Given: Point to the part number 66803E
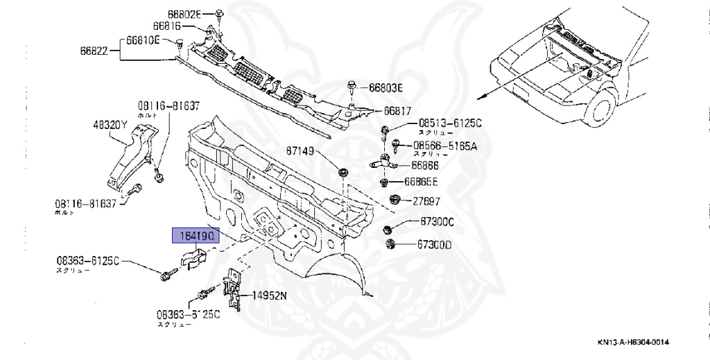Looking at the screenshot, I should pos(386,87).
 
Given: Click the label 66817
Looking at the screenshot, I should pos(397,110).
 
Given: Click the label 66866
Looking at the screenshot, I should pos(424,166).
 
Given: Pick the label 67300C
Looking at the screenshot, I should pos(436,222).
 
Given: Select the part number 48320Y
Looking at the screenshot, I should pos(110,126).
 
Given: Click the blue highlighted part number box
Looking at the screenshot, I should pos(196,237).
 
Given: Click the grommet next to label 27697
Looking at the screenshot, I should pos(396,200).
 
